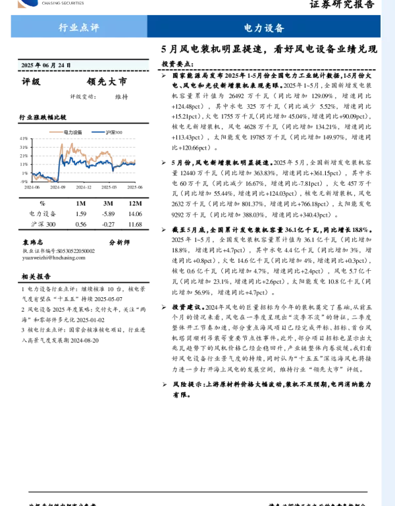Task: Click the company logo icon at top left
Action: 28,3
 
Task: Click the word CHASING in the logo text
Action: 49,3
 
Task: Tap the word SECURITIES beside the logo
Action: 72,3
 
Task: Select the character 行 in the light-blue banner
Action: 63,28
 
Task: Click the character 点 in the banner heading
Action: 84,28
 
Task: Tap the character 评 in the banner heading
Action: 95,28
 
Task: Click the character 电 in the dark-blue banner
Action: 248,28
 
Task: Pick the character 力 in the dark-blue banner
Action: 259,28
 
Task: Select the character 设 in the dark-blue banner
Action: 269,28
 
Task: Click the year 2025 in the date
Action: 27,65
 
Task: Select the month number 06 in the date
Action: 45,65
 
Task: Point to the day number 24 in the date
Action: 61,65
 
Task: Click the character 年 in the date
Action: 38,65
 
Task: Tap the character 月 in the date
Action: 53,65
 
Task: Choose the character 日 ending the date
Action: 68,65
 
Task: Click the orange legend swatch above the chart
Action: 56,132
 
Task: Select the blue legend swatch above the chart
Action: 98,132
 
